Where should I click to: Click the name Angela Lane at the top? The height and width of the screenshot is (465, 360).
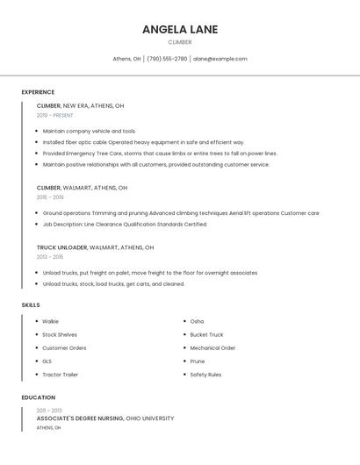(180, 30)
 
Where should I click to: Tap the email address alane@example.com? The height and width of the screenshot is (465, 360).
(220, 59)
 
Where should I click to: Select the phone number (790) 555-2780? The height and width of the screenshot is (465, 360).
(167, 59)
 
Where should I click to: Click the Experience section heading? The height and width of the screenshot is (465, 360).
(38, 92)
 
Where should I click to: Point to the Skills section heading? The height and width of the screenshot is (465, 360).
(31, 305)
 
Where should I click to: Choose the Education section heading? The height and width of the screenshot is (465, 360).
(38, 397)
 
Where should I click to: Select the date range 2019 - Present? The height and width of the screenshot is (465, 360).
(54, 115)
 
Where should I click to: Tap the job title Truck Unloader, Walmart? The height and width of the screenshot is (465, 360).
(95, 247)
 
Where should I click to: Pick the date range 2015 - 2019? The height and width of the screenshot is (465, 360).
(50, 197)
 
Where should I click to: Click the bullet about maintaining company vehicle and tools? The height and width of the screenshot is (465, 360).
(89, 131)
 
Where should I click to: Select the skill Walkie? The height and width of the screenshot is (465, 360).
(50, 321)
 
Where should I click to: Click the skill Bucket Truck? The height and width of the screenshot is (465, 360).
(206, 334)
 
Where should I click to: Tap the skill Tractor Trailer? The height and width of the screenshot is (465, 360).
(60, 375)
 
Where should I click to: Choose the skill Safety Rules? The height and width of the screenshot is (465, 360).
(206, 375)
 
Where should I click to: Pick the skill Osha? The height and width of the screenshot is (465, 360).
(197, 321)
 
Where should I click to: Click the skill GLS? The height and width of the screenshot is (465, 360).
(47, 361)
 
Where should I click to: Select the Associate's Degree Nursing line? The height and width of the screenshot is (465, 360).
(105, 418)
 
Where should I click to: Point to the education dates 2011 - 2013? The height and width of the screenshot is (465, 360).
(49, 410)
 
